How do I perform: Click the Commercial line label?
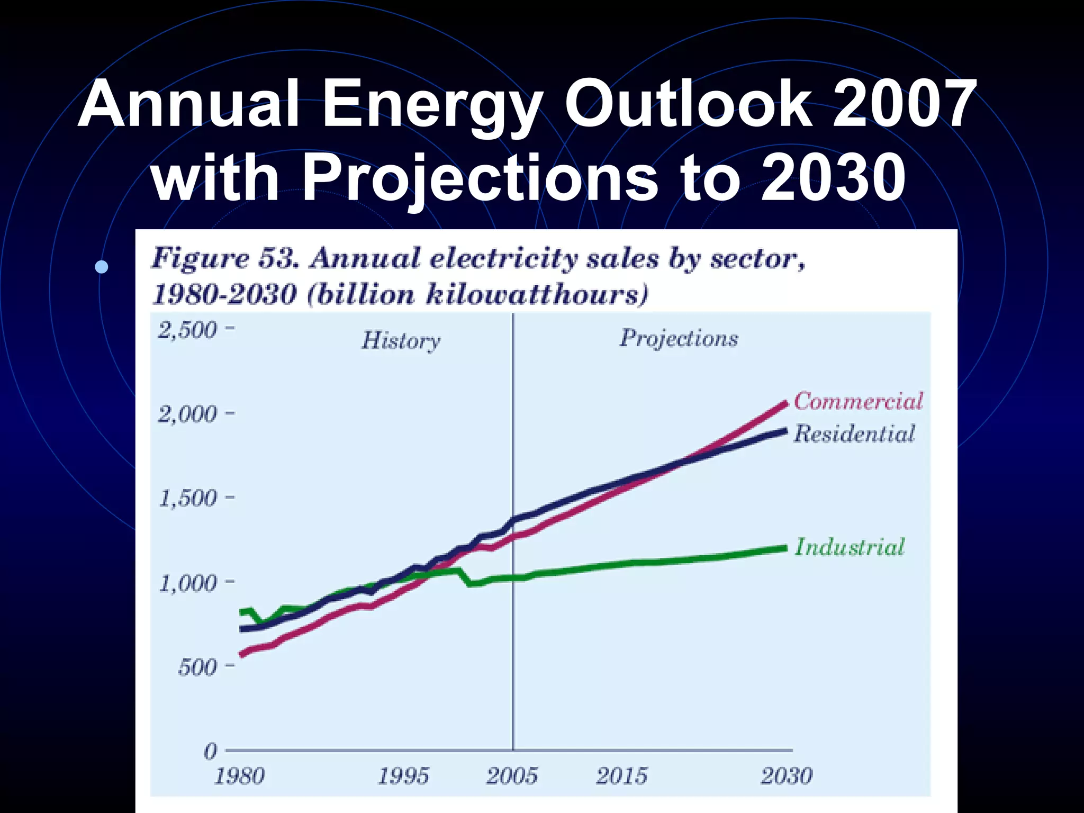click(x=858, y=401)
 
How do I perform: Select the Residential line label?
click(x=854, y=433)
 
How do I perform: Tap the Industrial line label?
click(x=850, y=547)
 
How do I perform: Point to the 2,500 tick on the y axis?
click(x=188, y=330)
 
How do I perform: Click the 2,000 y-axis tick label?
click(x=188, y=414)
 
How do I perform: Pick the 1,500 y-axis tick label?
click(x=188, y=498)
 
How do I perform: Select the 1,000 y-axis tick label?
click(x=188, y=583)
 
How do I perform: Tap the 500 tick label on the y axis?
click(x=197, y=667)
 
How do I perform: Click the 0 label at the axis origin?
click(x=211, y=751)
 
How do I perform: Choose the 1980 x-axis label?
click(x=239, y=776)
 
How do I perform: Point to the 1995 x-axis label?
click(x=403, y=776)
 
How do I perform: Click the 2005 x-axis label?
click(x=512, y=776)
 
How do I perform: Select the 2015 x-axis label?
click(x=621, y=776)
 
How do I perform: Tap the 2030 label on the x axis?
click(x=786, y=776)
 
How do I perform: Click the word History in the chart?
click(x=401, y=340)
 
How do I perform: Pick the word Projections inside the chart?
click(x=679, y=338)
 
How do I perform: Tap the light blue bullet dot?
click(x=102, y=267)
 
